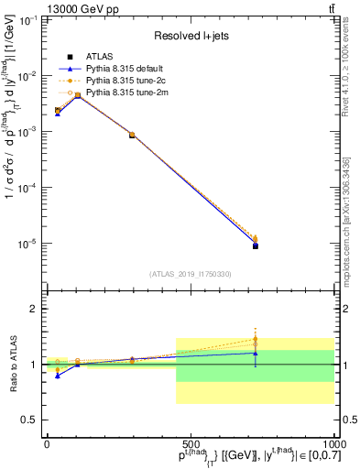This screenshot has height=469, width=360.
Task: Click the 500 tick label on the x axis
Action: [191, 443]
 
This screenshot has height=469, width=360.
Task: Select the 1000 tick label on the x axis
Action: [331, 443]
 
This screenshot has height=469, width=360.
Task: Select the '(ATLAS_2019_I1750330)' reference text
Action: [190, 274]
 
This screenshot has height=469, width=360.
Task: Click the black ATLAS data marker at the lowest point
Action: [256, 245]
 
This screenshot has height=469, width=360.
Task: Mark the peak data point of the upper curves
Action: [78, 94]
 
